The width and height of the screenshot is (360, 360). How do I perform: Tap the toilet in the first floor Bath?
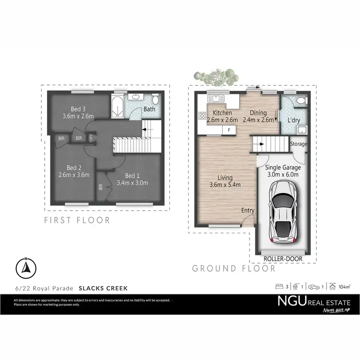coord(156,100)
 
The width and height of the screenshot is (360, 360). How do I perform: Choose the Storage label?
coord(299,144)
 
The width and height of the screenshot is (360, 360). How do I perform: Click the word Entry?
coord(248,210)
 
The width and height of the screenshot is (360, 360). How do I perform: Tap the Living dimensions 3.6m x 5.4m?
coord(225,185)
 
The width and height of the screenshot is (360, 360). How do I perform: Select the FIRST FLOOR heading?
coord(77,220)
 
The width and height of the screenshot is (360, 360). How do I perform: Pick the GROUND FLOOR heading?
coord(234,268)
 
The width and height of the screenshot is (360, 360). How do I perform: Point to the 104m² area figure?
coord(344,287)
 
